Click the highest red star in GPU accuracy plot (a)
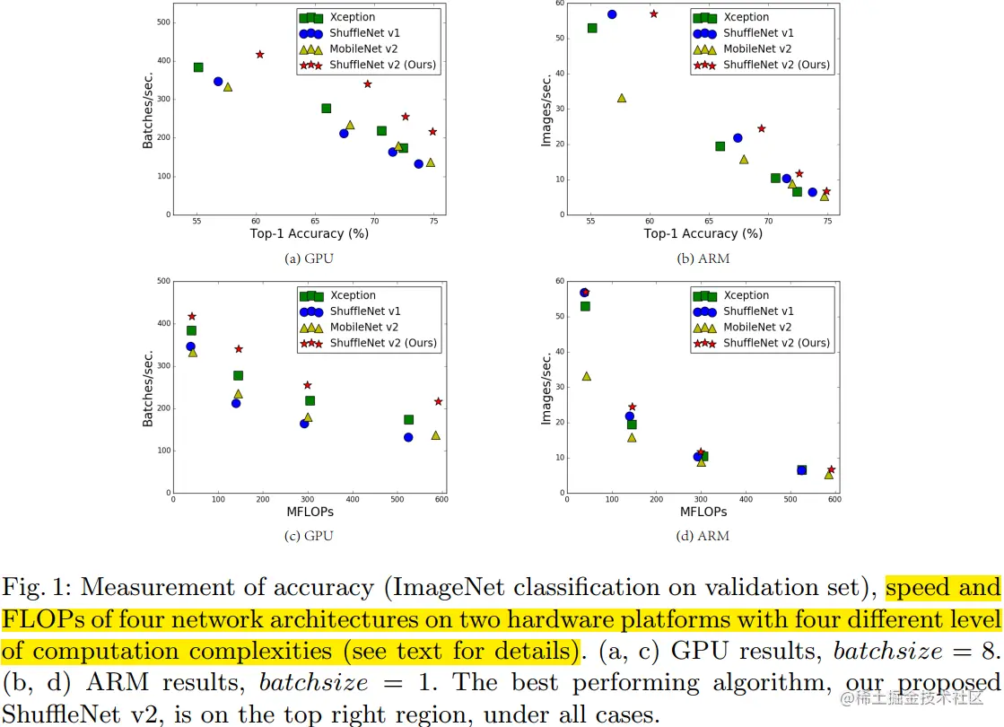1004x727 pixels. pos(260,55)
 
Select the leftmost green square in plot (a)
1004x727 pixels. pos(198,67)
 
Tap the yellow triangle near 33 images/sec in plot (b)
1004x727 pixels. pos(622,98)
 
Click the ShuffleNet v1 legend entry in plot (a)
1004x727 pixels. pos(359,33)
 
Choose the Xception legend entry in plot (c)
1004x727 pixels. pos(354,295)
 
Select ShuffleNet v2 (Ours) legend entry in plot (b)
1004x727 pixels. pos(776,65)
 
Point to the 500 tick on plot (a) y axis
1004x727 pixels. pos(162,22)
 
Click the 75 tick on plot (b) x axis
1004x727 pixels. pos(826,222)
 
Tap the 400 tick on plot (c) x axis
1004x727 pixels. pos(352,500)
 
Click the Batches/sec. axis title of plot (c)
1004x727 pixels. pos(149,388)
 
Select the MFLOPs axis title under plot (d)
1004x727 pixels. pos(703,512)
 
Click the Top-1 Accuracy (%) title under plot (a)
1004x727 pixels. pos(310,234)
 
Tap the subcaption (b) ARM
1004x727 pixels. pos(703,258)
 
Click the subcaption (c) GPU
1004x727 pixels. pos(310,536)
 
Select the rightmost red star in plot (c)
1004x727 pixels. pos(438,401)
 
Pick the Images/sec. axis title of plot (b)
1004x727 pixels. pos(546,110)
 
